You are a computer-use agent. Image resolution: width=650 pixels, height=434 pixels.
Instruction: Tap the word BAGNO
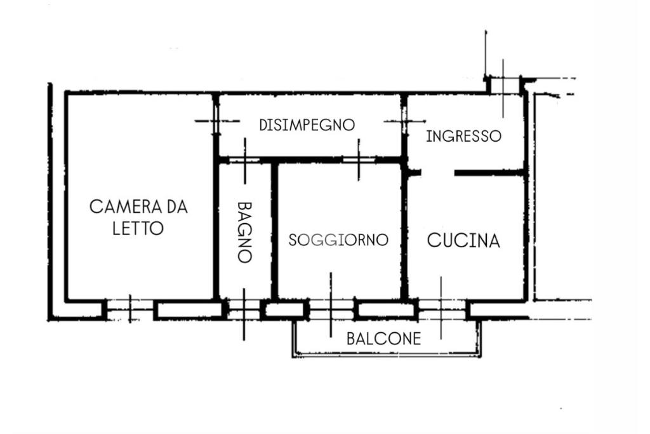[245, 232]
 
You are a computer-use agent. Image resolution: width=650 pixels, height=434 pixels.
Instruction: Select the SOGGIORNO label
[338, 240]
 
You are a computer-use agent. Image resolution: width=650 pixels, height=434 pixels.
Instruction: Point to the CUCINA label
[463, 241]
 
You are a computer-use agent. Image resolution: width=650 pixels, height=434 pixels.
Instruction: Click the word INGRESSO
[463, 136]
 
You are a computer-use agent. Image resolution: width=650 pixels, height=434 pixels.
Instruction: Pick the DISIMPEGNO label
[307, 125]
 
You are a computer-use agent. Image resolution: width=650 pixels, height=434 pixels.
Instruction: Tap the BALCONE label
[383, 339]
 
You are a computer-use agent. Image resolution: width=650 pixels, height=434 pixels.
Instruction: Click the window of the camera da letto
[130, 309]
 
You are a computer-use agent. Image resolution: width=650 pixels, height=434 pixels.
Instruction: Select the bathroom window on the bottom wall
[244, 311]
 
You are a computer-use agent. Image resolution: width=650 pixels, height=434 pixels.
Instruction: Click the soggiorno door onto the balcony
[330, 310]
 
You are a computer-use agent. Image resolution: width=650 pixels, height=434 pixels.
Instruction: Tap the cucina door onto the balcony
[442, 309]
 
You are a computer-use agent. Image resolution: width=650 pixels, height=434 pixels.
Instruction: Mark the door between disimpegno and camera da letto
[216, 121]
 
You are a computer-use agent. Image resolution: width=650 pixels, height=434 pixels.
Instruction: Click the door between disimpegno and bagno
[244, 160]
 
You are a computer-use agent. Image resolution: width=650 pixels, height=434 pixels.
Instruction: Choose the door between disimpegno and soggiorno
[359, 160]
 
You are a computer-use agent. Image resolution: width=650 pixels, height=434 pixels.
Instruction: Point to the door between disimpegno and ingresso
[404, 121]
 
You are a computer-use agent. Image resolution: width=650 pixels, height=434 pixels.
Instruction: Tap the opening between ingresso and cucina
[438, 172]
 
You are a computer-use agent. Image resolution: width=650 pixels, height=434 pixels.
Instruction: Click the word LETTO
[138, 228]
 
